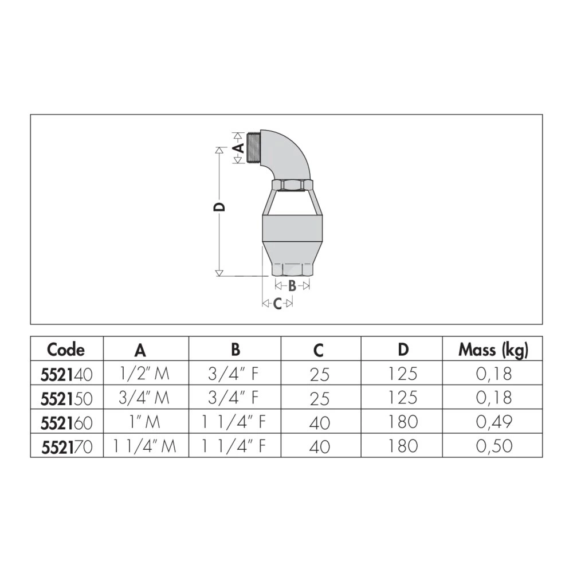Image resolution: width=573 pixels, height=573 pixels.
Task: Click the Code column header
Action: pos(66,350)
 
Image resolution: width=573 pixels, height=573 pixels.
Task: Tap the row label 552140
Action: pos(66,375)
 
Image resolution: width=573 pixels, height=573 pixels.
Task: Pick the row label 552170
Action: pos(67,447)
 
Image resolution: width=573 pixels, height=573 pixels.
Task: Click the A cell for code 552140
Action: pos(145,374)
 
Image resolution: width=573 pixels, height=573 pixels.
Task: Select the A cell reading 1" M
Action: pos(145,422)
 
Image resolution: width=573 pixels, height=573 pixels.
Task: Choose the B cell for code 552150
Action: pos(234,398)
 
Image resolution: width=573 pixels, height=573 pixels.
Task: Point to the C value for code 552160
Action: pos(320,423)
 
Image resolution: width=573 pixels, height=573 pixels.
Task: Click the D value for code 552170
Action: pos(403,446)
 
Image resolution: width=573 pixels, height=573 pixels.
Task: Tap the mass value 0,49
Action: pos(494,422)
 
